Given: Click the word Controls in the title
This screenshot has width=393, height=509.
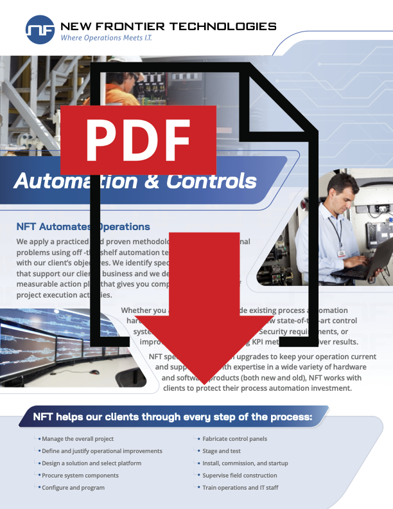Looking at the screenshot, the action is point(212,181).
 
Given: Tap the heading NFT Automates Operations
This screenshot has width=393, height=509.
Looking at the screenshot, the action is point(83,226).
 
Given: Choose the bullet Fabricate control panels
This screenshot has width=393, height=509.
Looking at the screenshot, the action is point(234,439).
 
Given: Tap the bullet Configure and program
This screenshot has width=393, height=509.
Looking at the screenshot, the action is point(73,488).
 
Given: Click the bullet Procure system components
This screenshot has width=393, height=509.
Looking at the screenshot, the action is point(80,476).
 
